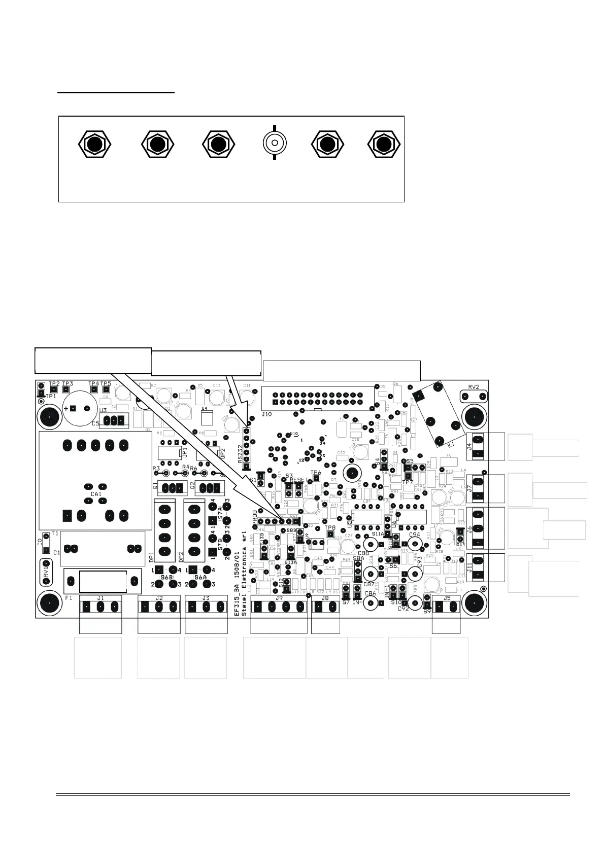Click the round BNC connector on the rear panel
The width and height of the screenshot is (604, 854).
[274, 144]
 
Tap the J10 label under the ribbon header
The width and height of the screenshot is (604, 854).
[266, 414]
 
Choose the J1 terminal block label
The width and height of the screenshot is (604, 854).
[100, 598]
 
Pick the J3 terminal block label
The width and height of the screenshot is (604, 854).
[206, 598]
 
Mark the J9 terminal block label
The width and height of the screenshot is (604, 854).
[279, 598]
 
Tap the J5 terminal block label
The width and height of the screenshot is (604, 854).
[447, 598]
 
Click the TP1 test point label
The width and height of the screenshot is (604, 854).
[51, 396]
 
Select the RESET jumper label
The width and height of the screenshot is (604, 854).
[299, 480]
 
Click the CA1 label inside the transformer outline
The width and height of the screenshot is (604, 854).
[96, 494]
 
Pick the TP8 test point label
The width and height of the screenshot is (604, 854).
[330, 528]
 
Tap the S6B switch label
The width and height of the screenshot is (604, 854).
[166, 578]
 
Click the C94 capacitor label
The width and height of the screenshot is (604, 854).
[414, 535]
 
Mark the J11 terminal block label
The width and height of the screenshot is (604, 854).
[469, 566]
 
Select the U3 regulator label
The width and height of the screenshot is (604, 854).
[103, 410]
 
